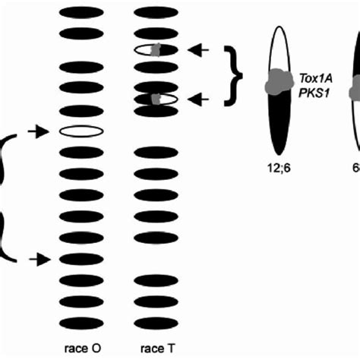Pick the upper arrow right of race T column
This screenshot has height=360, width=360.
pyautogui.click(x=199, y=51)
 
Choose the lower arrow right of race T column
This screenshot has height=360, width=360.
pyautogui.click(x=199, y=99)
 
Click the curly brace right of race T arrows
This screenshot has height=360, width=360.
pyautogui.click(x=235, y=74)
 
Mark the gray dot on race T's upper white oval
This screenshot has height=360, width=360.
pyautogui.click(x=156, y=51)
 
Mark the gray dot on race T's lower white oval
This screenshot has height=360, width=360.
pyautogui.click(x=156, y=99)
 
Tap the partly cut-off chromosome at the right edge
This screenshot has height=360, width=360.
pyautogui.click(x=355, y=91)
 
